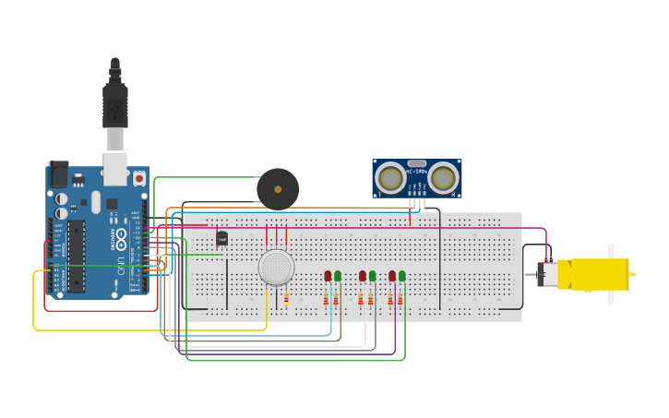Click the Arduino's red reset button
(x=139, y=177)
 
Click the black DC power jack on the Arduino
(x=58, y=173)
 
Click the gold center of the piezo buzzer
(x=278, y=189)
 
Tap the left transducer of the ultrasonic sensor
(x=390, y=177)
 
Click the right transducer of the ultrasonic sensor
(x=444, y=177)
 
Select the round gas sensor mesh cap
(x=276, y=267)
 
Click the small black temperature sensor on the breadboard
(x=221, y=239)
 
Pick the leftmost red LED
(x=328, y=276)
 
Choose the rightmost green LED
(x=402, y=276)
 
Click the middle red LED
(x=363, y=276)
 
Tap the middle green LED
(x=373, y=276)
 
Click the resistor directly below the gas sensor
(x=286, y=299)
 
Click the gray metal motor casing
(x=546, y=274)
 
